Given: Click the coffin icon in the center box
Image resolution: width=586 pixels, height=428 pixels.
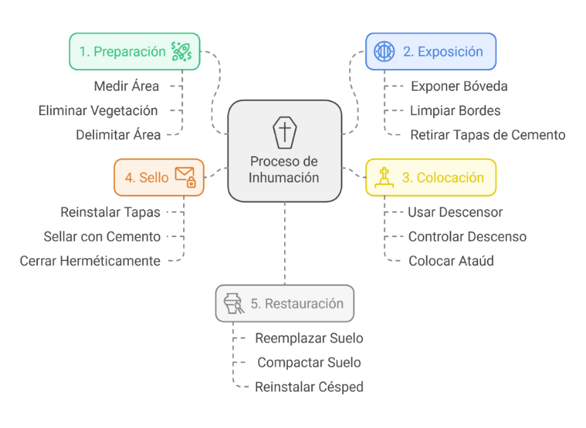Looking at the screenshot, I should coord(284,132).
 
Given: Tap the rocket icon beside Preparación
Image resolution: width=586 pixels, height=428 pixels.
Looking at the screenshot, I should coord(181,51).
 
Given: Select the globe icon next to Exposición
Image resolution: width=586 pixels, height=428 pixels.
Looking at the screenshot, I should coord(384,51).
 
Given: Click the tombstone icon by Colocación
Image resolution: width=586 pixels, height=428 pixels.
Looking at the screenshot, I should coord(384,177).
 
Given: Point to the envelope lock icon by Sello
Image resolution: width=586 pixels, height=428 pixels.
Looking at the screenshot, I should coord(185,177).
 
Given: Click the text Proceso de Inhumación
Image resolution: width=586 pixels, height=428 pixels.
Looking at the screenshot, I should coord(284,169).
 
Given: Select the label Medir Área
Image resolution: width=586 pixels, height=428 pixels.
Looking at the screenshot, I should coord(126,85).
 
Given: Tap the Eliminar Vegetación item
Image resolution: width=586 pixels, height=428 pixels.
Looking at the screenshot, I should coord(98,111).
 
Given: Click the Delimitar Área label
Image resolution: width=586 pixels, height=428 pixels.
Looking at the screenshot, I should coord(118,135).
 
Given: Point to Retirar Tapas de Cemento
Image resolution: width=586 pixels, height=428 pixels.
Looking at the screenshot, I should coord(487,135).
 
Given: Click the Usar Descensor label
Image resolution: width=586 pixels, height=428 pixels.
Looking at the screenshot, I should coord(455,212).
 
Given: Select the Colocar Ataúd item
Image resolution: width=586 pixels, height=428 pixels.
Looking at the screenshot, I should coord(451,260).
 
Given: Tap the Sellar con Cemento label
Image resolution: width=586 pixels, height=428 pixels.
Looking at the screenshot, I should coord(102,236).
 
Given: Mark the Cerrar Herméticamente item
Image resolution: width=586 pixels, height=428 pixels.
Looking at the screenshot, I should coord(90,260).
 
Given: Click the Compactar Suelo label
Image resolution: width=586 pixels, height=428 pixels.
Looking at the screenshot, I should coord(309,363).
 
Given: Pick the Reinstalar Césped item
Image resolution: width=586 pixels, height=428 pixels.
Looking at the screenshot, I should coord(309,387).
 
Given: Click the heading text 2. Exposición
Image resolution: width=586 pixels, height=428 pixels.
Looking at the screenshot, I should coord(443,51).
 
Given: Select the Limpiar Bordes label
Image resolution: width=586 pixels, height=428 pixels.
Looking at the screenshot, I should coord(455,111).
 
